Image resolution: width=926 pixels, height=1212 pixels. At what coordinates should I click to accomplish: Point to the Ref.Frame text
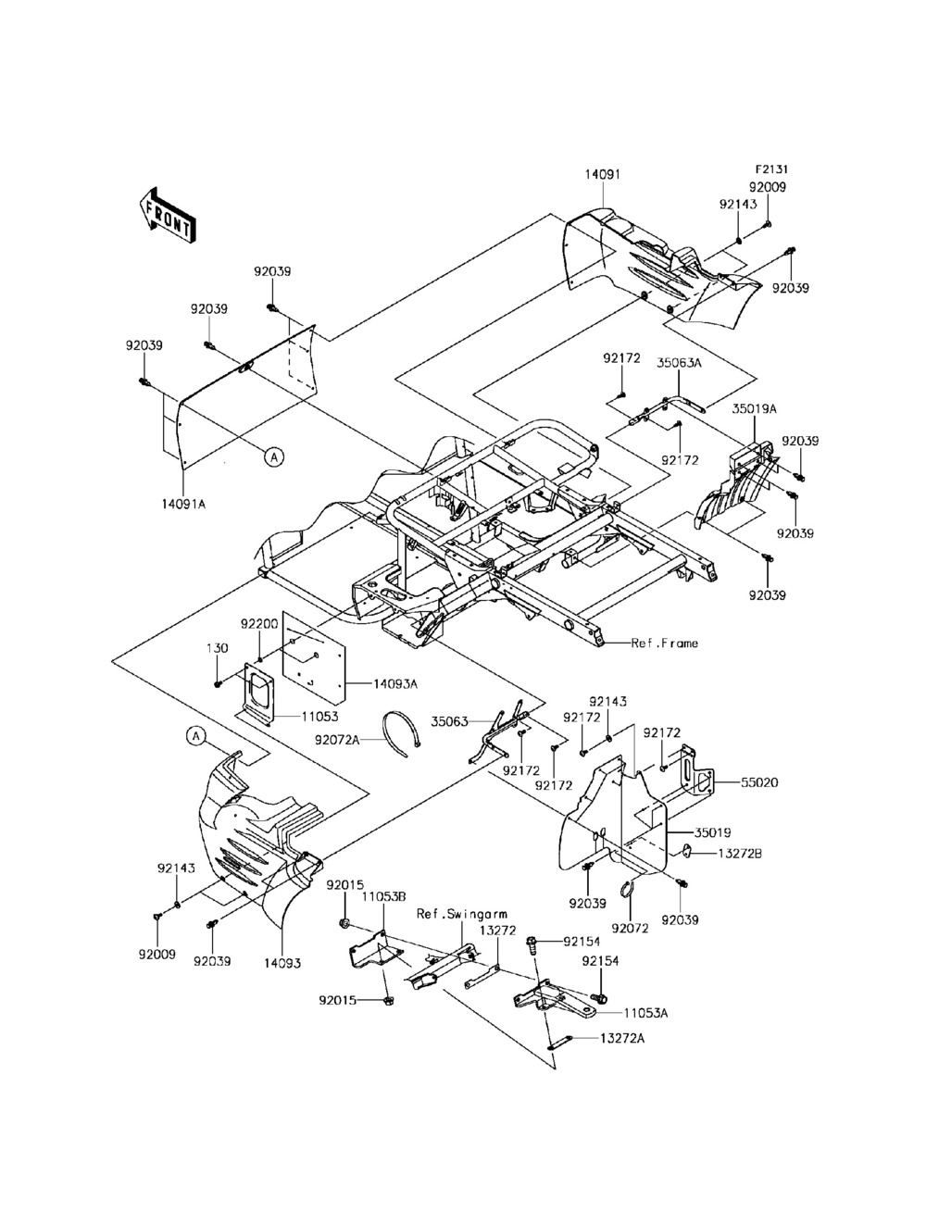[665, 643]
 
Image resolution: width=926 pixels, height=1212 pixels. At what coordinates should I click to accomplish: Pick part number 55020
[759, 782]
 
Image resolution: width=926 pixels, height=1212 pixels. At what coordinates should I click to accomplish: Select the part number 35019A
[755, 407]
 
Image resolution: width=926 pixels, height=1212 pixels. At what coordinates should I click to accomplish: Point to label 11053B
[384, 897]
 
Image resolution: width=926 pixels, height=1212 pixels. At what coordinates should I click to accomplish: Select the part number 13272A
[622, 1040]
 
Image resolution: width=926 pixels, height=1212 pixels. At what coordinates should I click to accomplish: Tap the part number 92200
[259, 624]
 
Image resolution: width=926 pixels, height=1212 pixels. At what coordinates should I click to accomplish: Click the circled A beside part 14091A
[273, 456]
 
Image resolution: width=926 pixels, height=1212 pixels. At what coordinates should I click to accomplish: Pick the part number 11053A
[645, 1013]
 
